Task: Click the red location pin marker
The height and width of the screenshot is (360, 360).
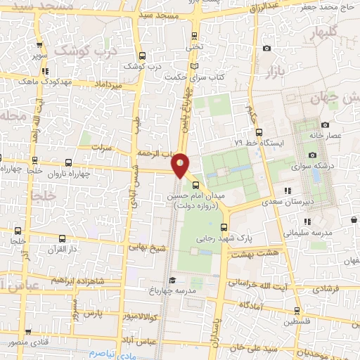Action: pos(181,165)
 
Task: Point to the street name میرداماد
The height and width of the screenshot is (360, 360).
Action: pos(111,84)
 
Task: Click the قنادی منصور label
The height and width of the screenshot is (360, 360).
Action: pos(29,343)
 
